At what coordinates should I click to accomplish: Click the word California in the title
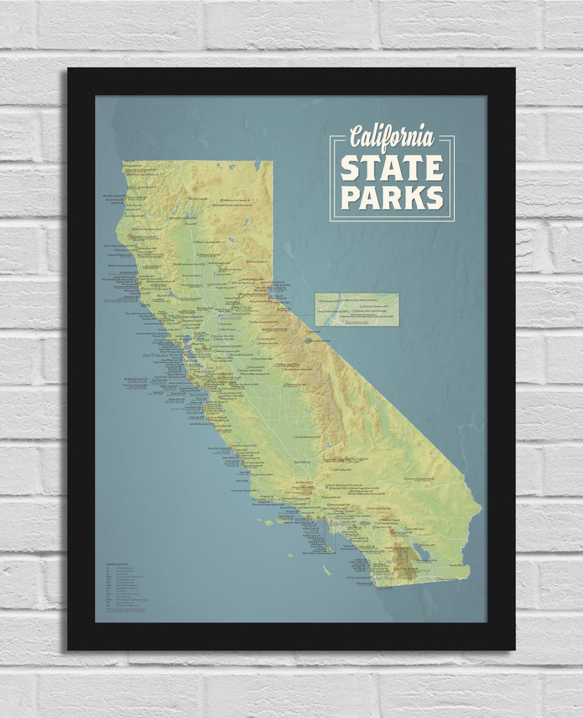click(391, 138)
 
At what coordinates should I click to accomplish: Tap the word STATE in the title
click(392, 168)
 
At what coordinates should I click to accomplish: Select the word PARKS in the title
click(392, 196)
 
